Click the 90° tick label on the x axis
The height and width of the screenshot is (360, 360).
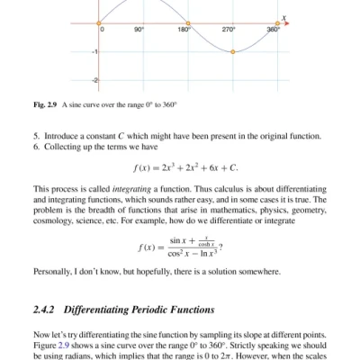point(139,30)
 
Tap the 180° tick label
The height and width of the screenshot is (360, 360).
point(184,30)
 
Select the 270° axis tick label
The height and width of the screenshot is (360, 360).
point(229,30)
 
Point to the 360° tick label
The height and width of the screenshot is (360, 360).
point(274,30)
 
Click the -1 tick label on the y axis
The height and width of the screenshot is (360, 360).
point(93,53)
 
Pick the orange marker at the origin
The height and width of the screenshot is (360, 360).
point(98,22)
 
